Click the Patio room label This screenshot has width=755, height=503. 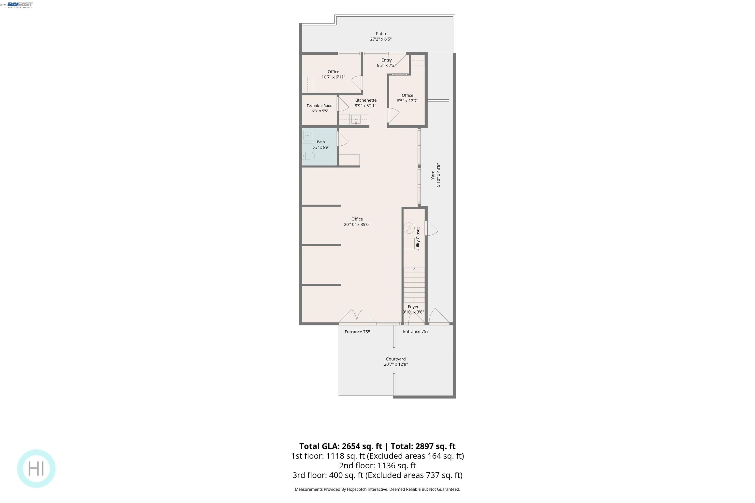click(381, 34)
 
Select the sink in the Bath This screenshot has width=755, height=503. click(307, 136)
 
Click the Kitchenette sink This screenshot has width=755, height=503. click(356, 120)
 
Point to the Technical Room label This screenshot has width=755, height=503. click(320, 106)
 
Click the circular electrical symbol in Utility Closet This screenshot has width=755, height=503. click(409, 228)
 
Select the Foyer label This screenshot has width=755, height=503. click(413, 307)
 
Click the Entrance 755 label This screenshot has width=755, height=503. click(357, 332)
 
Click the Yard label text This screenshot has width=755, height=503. click(433, 175)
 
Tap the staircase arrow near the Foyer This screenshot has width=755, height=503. click(414, 285)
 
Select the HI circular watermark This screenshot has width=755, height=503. click(36, 469)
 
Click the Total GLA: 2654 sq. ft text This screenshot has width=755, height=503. click(341, 446)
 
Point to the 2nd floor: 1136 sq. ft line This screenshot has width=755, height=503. click(377, 465)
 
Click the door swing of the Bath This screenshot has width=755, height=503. click(343, 139)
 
